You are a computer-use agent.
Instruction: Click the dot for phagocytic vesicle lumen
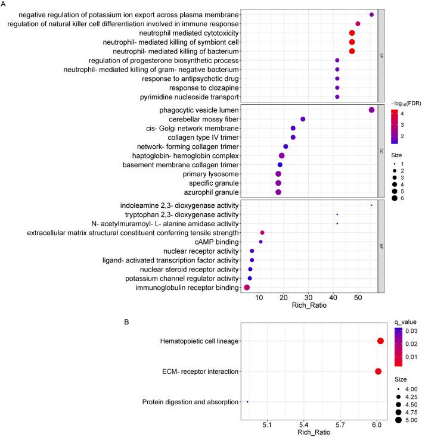(371, 110)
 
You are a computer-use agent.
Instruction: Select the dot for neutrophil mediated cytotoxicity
(352, 33)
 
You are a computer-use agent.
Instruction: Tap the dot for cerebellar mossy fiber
(303, 119)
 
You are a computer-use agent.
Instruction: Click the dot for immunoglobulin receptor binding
(247, 288)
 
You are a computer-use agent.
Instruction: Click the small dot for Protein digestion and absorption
(247, 402)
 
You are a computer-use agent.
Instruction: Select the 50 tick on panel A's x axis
(358, 297)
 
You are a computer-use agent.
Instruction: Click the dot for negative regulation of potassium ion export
(371, 14)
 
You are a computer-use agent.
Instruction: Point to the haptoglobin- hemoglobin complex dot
(282, 155)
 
